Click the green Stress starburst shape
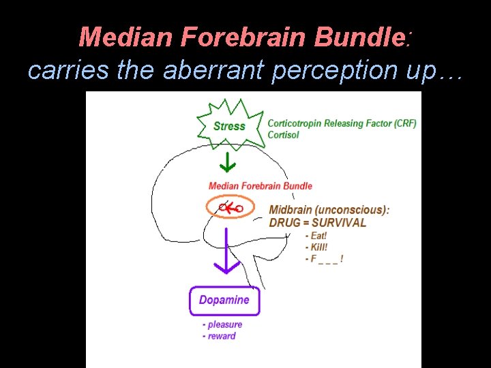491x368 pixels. (229, 125)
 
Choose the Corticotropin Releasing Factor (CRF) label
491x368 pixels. (342, 123)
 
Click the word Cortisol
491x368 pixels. (284, 135)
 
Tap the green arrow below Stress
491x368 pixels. (227, 163)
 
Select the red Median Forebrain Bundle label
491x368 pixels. (260, 185)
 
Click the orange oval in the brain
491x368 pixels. (230, 207)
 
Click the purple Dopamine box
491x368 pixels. (224, 300)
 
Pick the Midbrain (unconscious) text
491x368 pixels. (329, 210)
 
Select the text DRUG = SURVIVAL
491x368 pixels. (317, 222)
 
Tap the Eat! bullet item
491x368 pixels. (316, 235)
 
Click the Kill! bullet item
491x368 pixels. (316, 247)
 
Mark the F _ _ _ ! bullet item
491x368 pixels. (324, 259)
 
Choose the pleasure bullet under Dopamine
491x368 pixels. (222, 324)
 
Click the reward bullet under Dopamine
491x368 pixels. (220, 336)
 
